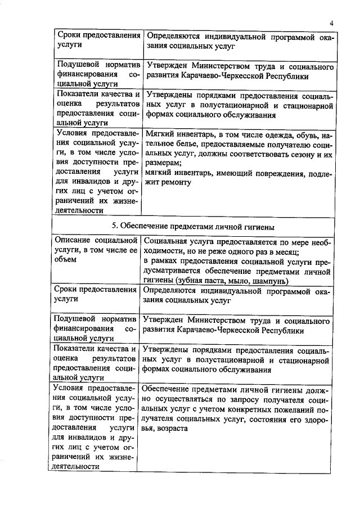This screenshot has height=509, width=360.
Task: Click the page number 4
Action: click(x=332, y=23)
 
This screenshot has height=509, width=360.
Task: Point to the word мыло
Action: click(x=242, y=280)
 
